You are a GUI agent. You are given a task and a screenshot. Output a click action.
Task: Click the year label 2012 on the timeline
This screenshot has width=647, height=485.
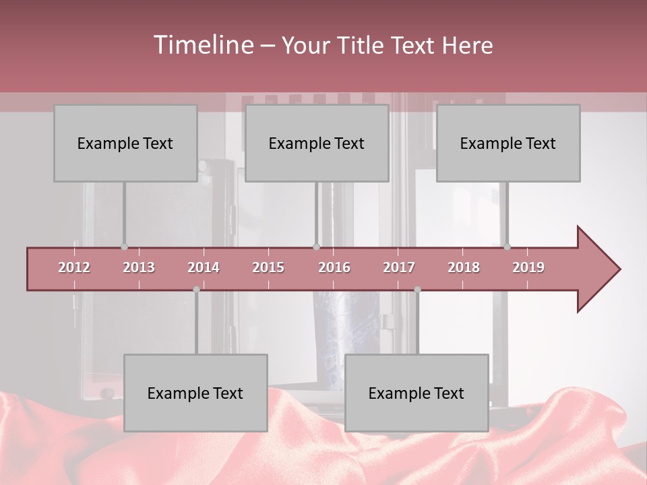click(74, 267)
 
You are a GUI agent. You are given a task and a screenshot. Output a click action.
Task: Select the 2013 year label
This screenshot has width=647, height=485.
click(139, 267)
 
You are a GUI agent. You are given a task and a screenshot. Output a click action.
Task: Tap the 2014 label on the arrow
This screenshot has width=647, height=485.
click(204, 267)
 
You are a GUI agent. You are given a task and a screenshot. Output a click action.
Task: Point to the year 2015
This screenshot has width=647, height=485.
click(268, 267)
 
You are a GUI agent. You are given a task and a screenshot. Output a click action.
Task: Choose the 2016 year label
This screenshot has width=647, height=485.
click(334, 267)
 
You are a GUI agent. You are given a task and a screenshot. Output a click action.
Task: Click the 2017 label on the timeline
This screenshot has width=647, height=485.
click(399, 267)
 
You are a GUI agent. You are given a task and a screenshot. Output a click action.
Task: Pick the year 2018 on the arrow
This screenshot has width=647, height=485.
click(464, 267)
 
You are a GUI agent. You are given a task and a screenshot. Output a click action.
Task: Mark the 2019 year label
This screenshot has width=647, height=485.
click(528, 267)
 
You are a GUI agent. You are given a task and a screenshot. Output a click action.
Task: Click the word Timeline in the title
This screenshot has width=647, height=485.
click(203, 45)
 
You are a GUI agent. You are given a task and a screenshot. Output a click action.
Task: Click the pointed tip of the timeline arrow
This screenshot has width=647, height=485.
click(619, 269)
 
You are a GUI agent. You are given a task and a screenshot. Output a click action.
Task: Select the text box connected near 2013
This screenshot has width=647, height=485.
click(125, 143)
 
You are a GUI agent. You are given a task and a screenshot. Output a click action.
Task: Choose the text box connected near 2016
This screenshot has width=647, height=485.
click(317, 143)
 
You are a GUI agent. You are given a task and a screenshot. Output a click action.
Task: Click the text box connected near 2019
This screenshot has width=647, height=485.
click(508, 143)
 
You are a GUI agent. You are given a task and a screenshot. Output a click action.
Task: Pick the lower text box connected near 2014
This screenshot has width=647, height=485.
click(195, 393)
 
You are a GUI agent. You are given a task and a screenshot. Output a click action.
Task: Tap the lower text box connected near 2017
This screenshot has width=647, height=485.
click(417, 393)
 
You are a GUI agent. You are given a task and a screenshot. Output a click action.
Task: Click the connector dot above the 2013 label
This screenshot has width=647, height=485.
click(124, 247)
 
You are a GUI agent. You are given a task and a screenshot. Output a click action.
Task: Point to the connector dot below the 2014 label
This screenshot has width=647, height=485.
click(196, 290)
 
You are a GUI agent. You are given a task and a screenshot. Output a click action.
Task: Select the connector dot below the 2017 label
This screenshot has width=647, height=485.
click(417, 290)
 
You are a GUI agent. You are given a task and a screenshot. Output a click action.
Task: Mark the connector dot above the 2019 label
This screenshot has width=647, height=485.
click(507, 247)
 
